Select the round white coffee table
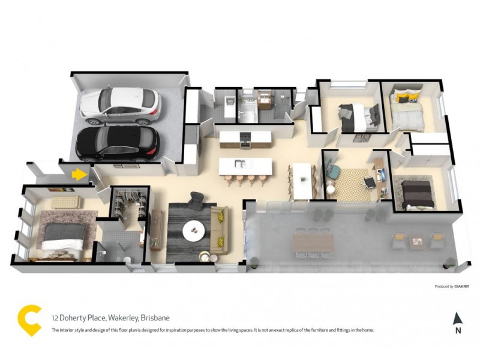(x=193, y=230)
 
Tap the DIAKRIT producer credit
(x=460, y=286)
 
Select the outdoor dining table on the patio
(x=313, y=243)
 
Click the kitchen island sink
(x=239, y=164)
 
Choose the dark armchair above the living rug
(x=196, y=200)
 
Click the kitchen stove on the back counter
(x=245, y=139)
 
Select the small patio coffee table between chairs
(x=416, y=242)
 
